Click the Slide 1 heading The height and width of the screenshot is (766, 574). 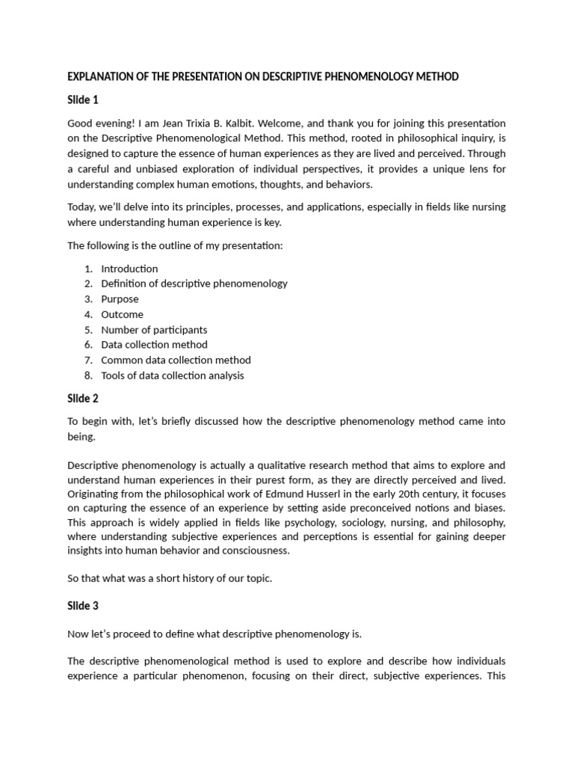(x=83, y=99)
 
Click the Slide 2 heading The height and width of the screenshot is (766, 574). (x=83, y=398)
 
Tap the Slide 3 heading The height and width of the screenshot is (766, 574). (x=83, y=606)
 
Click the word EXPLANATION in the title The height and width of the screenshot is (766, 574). (x=99, y=77)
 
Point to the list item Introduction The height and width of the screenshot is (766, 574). (x=129, y=269)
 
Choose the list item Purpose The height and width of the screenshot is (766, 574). (x=120, y=299)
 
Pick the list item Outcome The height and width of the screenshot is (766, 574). (x=122, y=314)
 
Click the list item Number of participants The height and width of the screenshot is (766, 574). (x=154, y=330)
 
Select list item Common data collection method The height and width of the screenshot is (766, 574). (x=176, y=360)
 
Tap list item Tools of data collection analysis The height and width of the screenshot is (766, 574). (x=172, y=376)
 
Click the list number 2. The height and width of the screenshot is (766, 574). (x=87, y=284)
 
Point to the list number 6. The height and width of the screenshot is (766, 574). (x=87, y=345)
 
